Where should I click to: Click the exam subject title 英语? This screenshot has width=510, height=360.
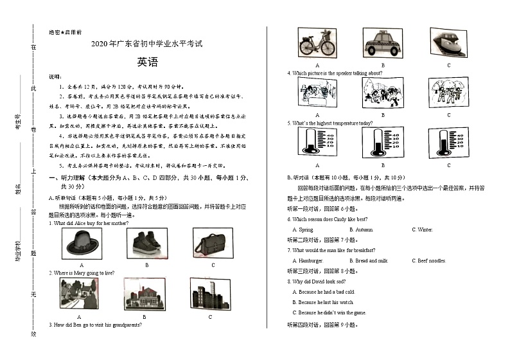point(146,62)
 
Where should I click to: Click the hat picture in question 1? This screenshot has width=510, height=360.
point(82,244)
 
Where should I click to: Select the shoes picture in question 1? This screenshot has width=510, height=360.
point(146,244)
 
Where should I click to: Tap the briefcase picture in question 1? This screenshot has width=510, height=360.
point(213,244)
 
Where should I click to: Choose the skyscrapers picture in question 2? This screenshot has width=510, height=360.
point(209,294)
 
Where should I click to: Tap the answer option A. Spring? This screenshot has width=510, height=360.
point(303,230)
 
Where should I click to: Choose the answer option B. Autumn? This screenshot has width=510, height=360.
point(361,230)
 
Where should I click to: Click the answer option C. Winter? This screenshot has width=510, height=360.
point(423,230)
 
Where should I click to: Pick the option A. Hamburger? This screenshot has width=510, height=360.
point(308,260)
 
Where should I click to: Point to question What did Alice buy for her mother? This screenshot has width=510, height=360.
point(89,223)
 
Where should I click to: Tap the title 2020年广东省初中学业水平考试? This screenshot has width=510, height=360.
point(146,44)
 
